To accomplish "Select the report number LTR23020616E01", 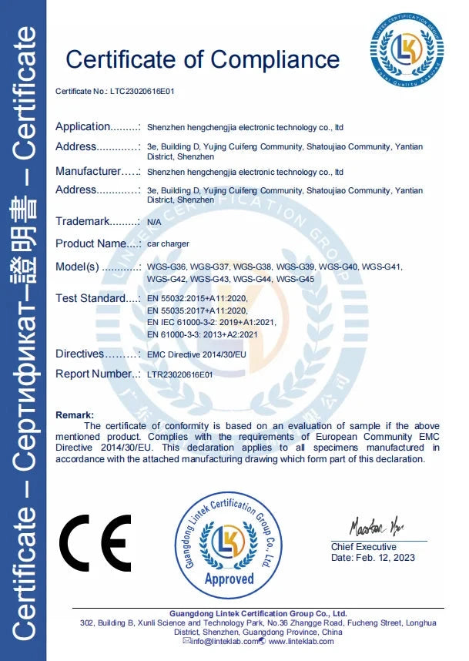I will click(179, 374).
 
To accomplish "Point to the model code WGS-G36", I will click(166, 267).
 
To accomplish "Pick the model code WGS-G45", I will click(296, 278).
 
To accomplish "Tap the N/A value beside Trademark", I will click(153, 222).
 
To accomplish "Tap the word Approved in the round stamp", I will click(229, 579).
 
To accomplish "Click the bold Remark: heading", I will click(75, 415).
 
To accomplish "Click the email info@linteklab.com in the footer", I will click(219, 641).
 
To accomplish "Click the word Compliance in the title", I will click(275, 59).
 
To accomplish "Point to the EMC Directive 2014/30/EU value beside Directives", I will click(195, 355).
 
